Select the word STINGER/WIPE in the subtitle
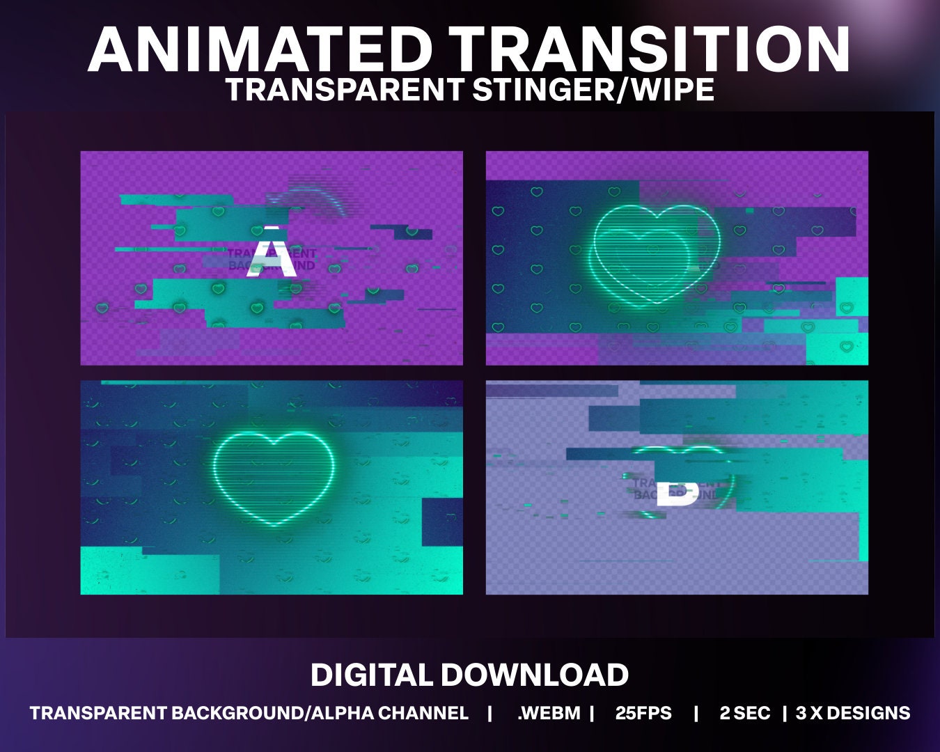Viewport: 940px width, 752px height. pos(593,90)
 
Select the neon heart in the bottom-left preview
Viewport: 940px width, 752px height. pos(272,478)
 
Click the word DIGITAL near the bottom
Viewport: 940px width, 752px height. pos(372,675)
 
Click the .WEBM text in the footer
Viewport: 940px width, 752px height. pos(549,713)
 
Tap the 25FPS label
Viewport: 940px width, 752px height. pos(643,713)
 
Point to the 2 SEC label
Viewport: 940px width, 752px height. pos(745,713)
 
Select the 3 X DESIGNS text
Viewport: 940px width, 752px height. pos(853,713)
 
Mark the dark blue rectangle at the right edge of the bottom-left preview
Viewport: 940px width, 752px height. pos(441,522)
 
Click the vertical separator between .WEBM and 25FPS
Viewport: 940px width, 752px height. pos(592,713)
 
